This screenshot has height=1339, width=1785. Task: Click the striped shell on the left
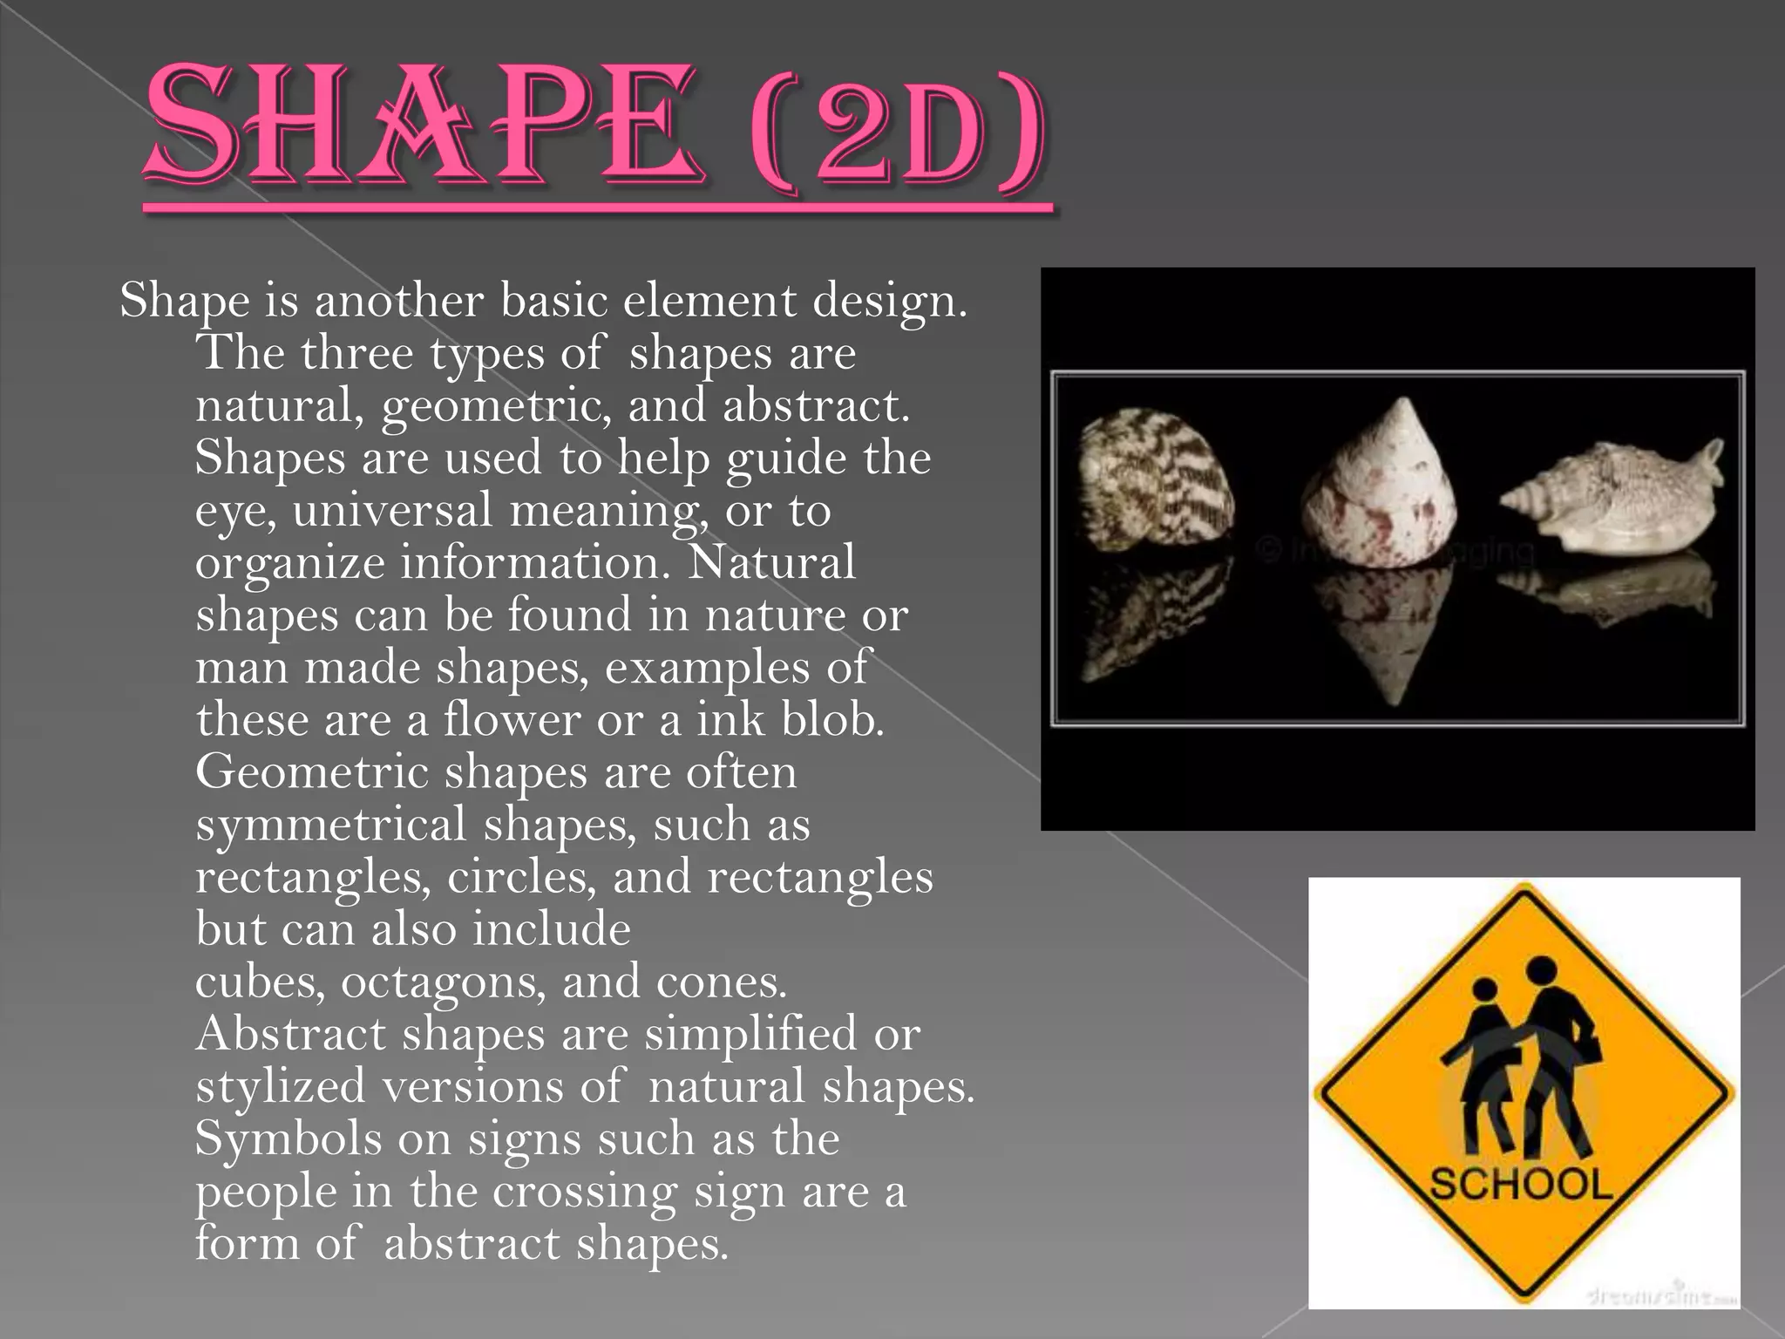click(x=1154, y=479)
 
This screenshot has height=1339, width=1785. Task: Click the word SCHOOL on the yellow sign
click(x=1521, y=1185)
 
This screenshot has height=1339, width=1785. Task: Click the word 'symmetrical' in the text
click(x=331, y=825)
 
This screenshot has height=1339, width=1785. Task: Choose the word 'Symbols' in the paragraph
click(x=288, y=1138)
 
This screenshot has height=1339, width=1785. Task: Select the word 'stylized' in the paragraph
click(x=280, y=1087)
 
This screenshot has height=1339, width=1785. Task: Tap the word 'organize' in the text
click(x=289, y=564)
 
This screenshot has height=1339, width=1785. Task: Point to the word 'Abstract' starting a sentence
click(x=290, y=1034)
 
